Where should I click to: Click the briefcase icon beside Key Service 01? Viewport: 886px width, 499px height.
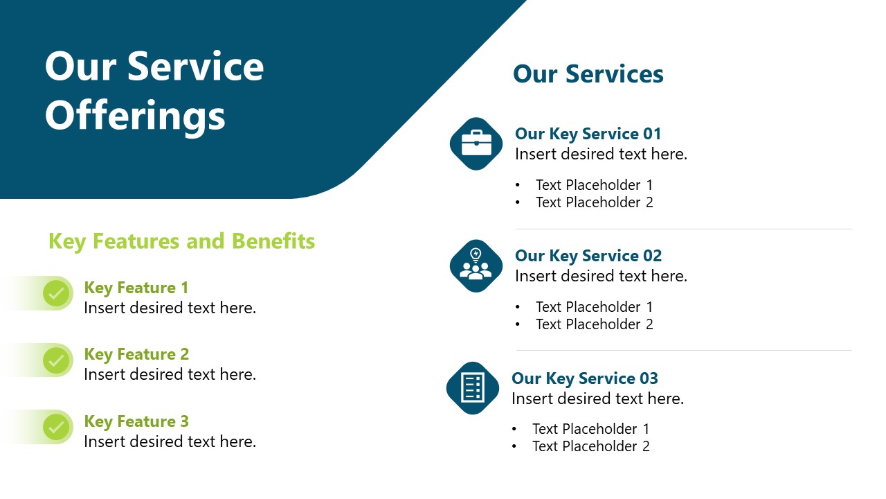tap(476, 143)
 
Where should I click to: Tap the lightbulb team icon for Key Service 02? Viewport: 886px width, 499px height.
tap(476, 265)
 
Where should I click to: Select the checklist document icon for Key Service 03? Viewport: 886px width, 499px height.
tap(473, 387)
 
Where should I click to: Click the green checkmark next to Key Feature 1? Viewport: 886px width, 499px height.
tap(57, 293)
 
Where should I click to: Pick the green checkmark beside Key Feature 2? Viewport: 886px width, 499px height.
tap(57, 360)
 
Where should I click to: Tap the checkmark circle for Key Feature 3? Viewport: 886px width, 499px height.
tap(57, 427)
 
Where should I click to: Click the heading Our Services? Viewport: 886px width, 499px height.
tap(588, 74)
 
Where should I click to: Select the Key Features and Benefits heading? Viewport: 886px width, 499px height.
tap(181, 241)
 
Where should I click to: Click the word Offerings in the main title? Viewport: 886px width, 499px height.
tap(135, 115)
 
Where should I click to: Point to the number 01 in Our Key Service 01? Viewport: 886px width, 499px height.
tap(652, 134)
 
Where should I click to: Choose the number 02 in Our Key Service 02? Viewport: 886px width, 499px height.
tap(652, 256)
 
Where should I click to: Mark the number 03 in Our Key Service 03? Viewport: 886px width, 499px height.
tap(649, 378)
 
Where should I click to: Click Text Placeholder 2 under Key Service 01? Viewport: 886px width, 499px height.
tap(594, 202)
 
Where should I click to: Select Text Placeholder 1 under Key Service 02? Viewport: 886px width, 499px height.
tap(594, 307)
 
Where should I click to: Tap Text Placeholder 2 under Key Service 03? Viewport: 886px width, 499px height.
tap(590, 446)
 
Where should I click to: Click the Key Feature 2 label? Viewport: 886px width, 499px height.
tap(136, 354)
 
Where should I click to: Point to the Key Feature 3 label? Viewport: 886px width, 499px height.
tap(136, 421)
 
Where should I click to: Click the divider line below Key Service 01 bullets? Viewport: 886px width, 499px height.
tap(683, 229)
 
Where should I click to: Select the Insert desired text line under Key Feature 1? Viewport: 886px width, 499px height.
tap(170, 308)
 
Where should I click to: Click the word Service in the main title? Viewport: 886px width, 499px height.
tap(196, 67)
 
